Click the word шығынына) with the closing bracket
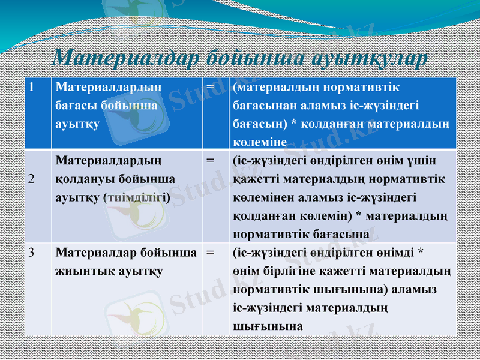pos(356,289)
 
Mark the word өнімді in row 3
pos(390,253)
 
